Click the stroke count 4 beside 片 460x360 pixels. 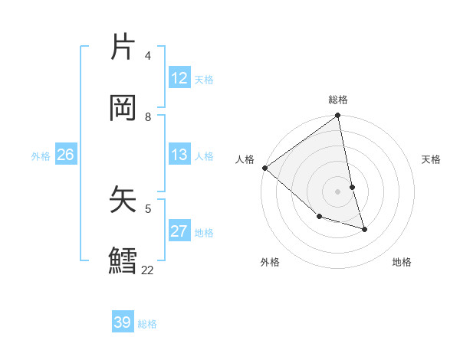tap(148, 56)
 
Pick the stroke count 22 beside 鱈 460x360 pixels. tap(147, 270)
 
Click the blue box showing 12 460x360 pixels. tap(179, 78)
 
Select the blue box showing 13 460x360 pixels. tap(179, 155)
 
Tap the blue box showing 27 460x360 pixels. tap(179, 231)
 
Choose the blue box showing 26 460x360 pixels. tap(65, 155)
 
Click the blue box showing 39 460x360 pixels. tap(123, 322)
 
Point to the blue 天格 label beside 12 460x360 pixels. tap(204, 79)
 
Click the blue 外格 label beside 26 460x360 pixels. tap(41, 155)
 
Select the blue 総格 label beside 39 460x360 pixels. tap(147, 323)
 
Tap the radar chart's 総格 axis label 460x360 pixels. tap(338, 100)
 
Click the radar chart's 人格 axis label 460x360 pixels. tap(245, 159)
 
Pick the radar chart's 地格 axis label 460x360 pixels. tap(402, 262)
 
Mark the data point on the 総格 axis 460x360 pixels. tap(338, 116)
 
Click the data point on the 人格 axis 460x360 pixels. tap(264, 168)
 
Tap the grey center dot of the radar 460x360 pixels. tap(338, 191)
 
